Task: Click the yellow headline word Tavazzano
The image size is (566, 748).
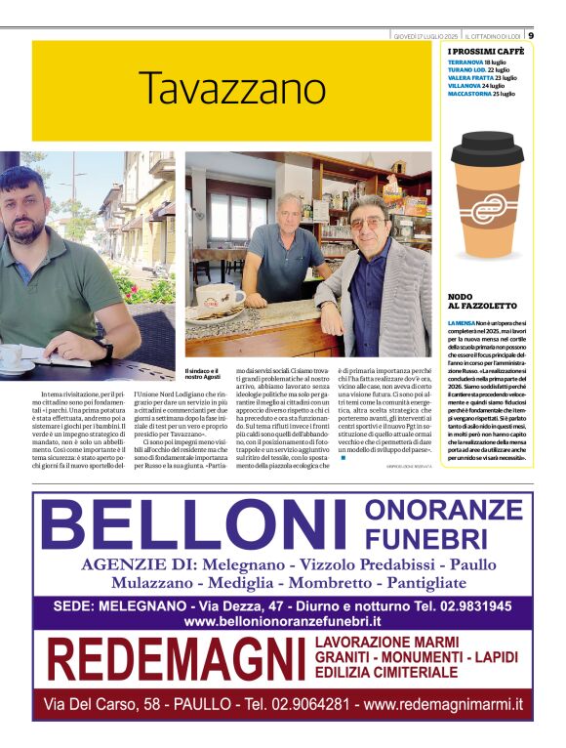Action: point(230,89)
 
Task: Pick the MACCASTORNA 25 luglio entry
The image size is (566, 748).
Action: point(481,94)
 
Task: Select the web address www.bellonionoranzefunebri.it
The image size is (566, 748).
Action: point(282,622)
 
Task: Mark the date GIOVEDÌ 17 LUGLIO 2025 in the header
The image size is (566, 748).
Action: point(426,35)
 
